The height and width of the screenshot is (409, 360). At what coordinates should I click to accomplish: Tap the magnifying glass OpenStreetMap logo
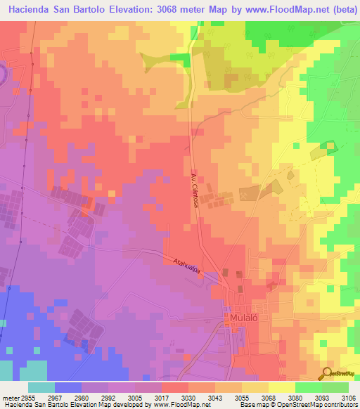327,372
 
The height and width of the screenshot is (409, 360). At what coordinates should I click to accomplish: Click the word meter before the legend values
8,397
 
